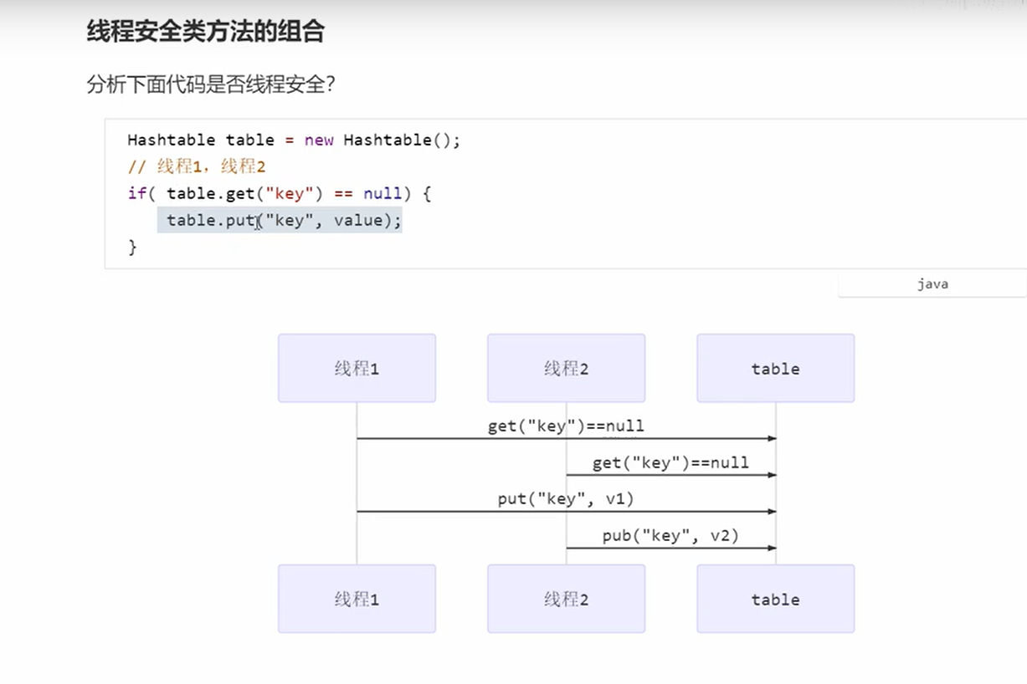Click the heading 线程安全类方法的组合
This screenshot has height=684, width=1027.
205,32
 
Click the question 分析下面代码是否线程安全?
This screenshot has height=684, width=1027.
211,84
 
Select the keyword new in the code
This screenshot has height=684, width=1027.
319,140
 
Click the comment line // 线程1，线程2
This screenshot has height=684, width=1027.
197,166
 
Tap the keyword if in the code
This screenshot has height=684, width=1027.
136,193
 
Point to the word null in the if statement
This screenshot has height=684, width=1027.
383,193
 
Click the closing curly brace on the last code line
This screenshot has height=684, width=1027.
132,247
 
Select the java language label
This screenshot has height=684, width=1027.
932,283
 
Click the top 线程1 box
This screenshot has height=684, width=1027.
357,368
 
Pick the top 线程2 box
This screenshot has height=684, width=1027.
566,368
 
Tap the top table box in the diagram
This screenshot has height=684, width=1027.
775,368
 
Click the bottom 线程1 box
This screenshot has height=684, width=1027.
357,599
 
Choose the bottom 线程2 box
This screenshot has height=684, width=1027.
566,599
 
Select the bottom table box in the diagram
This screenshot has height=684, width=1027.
775,599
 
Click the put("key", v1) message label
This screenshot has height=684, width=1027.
566,499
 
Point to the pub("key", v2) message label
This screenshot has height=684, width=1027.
670,535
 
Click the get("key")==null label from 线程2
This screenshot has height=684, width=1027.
670,462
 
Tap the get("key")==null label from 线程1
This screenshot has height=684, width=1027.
566,426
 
